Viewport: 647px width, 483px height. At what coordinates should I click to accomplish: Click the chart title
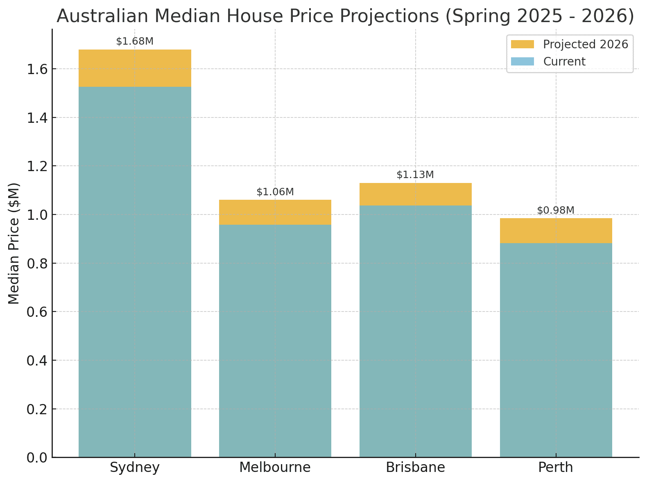pyautogui.click(x=345, y=16)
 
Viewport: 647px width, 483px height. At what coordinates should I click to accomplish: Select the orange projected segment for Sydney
pyautogui.click(x=135, y=68)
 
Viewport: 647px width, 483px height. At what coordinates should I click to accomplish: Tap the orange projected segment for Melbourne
pyautogui.click(x=275, y=212)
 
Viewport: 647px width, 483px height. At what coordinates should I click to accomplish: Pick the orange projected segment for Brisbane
pyautogui.click(x=415, y=194)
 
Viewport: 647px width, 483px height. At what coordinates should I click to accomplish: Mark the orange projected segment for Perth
pyautogui.click(x=556, y=230)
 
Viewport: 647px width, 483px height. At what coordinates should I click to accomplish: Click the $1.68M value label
pyautogui.click(x=135, y=41)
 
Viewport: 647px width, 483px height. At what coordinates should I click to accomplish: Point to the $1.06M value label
pyautogui.click(x=275, y=192)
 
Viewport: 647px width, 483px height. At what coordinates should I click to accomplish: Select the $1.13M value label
pyautogui.click(x=415, y=175)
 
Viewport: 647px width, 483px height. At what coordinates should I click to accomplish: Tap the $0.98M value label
pyautogui.click(x=556, y=210)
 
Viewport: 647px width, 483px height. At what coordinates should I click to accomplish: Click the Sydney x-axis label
pyautogui.click(x=135, y=467)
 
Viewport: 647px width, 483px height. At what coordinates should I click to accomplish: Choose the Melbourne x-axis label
pyautogui.click(x=275, y=467)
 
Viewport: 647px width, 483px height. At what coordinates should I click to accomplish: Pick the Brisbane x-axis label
pyautogui.click(x=415, y=467)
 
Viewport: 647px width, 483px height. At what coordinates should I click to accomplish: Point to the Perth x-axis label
pyautogui.click(x=556, y=467)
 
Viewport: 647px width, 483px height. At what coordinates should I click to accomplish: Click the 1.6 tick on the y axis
pyautogui.click(x=37, y=69)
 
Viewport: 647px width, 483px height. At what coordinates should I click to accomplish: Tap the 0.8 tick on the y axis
pyautogui.click(x=37, y=263)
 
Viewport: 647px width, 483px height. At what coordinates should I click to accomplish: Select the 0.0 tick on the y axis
pyautogui.click(x=37, y=458)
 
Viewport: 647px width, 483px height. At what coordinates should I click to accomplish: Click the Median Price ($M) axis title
pyautogui.click(x=14, y=243)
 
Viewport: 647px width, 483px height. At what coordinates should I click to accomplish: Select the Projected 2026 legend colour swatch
pyautogui.click(x=523, y=44)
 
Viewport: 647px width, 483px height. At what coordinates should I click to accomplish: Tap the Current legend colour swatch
pyautogui.click(x=523, y=62)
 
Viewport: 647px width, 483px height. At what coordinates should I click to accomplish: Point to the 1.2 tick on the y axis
pyautogui.click(x=37, y=166)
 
